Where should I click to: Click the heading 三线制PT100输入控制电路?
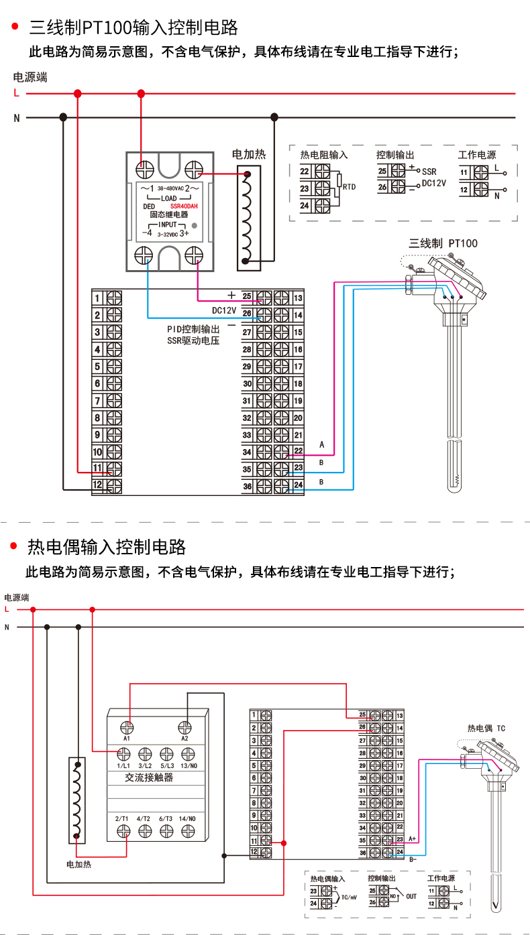(x=134, y=27)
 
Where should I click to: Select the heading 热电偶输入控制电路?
(x=107, y=547)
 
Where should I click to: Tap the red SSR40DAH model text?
(x=184, y=206)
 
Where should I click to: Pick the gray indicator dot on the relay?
(x=195, y=225)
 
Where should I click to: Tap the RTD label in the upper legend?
(x=349, y=187)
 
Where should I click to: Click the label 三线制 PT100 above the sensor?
(x=443, y=243)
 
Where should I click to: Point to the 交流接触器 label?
(x=149, y=777)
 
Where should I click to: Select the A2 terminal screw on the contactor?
(x=185, y=727)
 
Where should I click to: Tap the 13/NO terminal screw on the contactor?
(x=189, y=753)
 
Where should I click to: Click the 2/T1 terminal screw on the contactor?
(x=123, y=831)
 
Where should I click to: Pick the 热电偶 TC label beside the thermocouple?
(x=486, y=728)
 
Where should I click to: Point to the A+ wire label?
(x=413, y=838)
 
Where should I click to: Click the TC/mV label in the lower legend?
(x=350, y=897)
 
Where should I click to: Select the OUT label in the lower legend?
(x=411, y=896)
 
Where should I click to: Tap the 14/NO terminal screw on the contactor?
(x=188, y=831)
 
